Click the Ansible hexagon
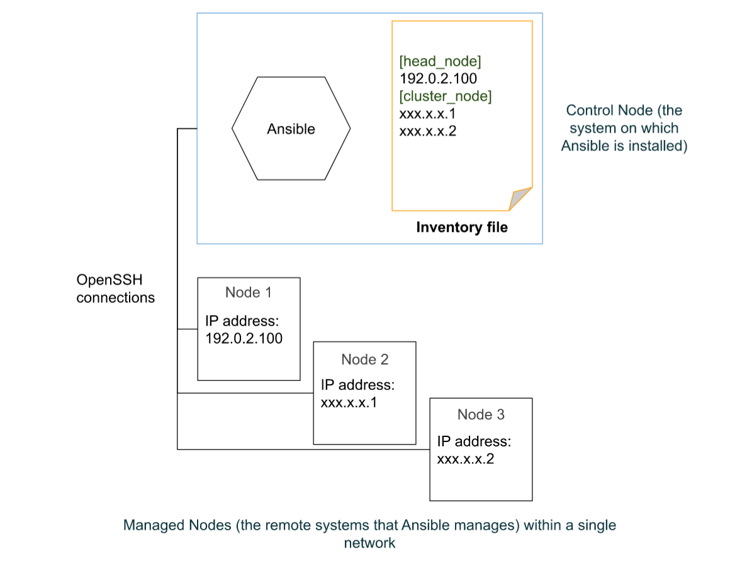(291, 128)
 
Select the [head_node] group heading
(441, 61)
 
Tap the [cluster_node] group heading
(446, 96)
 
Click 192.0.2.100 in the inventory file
(438, 79)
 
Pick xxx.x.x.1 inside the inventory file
(427, 114)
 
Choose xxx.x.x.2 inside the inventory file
(427, 132)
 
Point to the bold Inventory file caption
(461, 227)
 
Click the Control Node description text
(624, 128)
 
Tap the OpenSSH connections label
(115, 288)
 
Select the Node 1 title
(249, 292)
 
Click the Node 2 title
(364, 359)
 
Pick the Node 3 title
(481, 414)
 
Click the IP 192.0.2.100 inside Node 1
(244, 338)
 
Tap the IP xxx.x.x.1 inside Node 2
(349, 402)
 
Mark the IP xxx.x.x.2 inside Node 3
(465, 458)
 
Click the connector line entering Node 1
(188, 329)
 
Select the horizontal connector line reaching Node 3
(302, 449)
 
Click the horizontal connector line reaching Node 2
(245, 393)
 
